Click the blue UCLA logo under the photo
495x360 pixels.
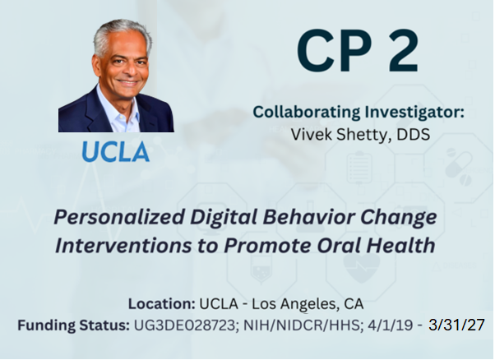(x=116, y=151)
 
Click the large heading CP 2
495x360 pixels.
(x=358, y=51)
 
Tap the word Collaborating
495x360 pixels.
(x=307, y=113)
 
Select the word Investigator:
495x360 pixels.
(x=414, y=113)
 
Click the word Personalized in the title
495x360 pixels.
(x=119, y=218)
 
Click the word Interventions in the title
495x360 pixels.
(x=123, y=246)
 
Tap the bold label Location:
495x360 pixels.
(x=162, y=304)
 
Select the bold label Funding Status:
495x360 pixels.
(x=73, y=325)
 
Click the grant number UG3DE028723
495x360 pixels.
(x=186, y=325)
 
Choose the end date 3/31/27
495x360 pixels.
(x=456, y=325)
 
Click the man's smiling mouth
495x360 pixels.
(x=128, y=83)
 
